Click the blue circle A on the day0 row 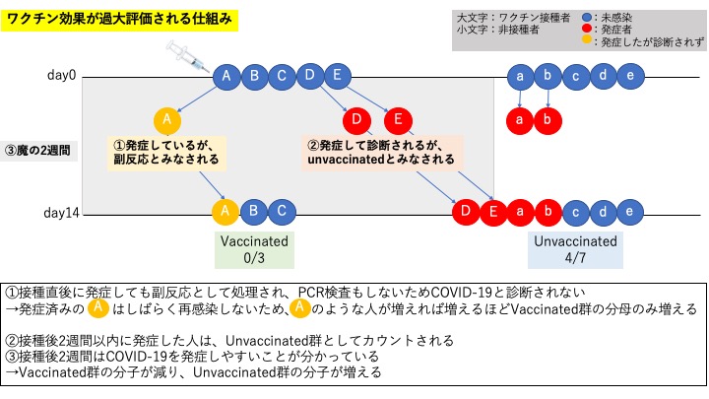[x=226, y=76]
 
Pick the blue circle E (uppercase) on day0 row [x=337, y=76]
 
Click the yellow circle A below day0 [x=167, y=120]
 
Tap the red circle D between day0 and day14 [x=355, y=120]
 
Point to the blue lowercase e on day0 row [x=630, y=76]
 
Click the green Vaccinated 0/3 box [x=254, y=249]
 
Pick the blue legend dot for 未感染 [x=587, y=18]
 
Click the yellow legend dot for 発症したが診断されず [x=587, y=41]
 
